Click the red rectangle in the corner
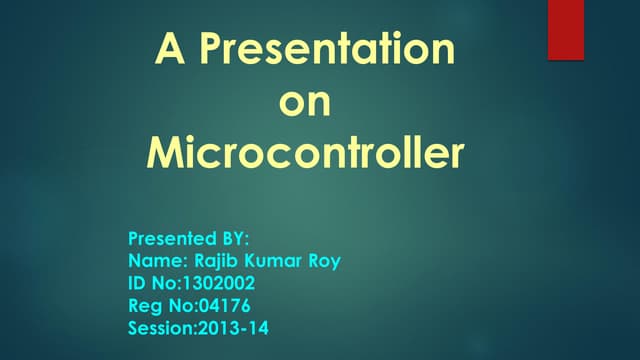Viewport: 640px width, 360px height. [566, 29]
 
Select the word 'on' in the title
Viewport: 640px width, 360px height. [303, 102]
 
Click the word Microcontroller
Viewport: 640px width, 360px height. [305, 155]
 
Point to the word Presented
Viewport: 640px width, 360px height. [169, 239]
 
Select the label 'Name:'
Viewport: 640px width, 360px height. [155, 261]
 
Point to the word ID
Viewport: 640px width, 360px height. [138, 283]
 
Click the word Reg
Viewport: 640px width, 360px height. [145, 306]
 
